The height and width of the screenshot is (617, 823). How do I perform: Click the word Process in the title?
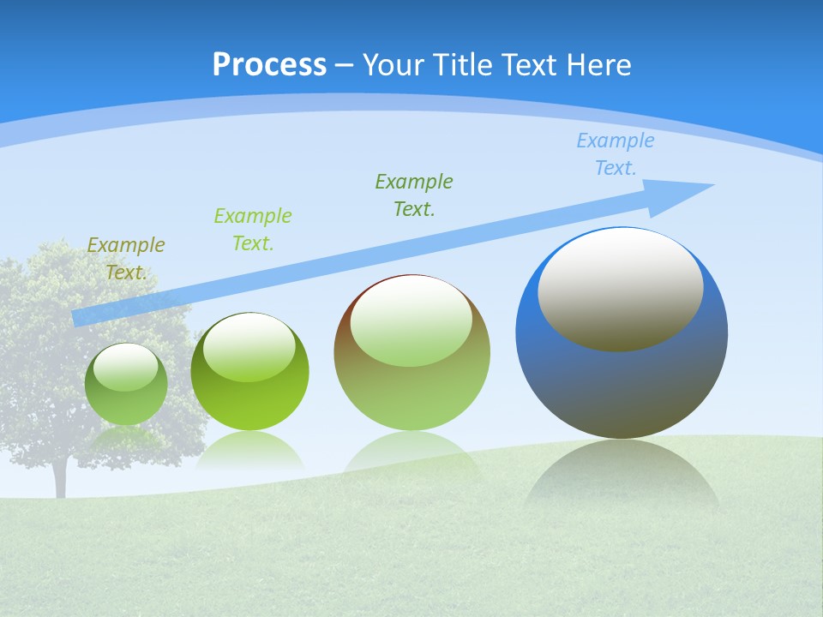pyautogui.click(x=269, y=64)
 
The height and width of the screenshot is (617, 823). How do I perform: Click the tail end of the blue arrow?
pyautogui.click(x=79, y=318)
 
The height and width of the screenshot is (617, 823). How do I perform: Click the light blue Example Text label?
pyautogui.click(x=616, y=154)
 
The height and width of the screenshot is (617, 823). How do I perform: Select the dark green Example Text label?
pyautogui.click(x=414, y=195)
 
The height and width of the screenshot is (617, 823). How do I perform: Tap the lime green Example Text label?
pyautogui.click(x=253, y=229)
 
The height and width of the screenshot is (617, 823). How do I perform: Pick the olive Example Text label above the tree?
pyautogui.click(x=126, y=258)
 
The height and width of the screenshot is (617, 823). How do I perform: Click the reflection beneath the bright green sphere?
pyautogui.click(x=249, y=451)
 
